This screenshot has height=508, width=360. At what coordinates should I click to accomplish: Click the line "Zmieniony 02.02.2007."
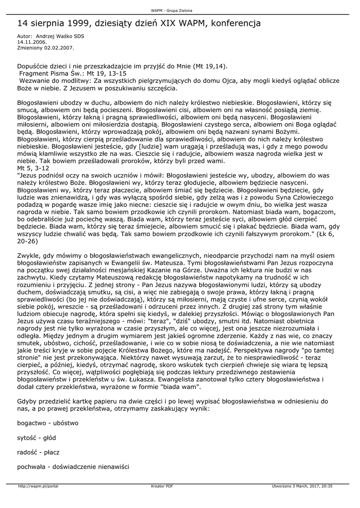click(x=45, y=48)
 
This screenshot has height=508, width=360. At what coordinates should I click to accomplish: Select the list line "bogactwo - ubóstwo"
click(x=48, y=423)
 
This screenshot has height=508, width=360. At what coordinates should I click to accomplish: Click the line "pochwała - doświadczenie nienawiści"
click(x=73, y=467)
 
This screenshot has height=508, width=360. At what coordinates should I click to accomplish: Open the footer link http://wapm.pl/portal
click(x=38, y=486)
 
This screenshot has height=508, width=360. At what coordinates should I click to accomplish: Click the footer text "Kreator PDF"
click(x=162, y=486)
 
